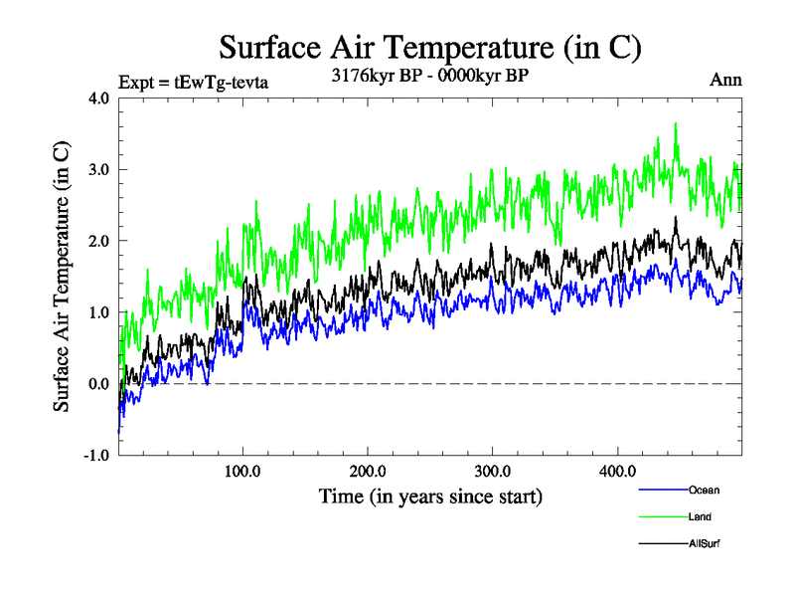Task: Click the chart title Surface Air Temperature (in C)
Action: tap(429, 48)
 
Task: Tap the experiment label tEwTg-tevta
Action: tap(193, 83)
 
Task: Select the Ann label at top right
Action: tap(725, 80)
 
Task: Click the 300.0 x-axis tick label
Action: tap(493, 471)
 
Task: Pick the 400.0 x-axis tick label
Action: tap(618, 471)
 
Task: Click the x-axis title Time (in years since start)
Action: tap(429, 495)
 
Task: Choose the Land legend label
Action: tap(700, 516)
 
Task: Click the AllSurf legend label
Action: tap(704, 543)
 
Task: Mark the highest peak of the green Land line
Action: tap(676, 123)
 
